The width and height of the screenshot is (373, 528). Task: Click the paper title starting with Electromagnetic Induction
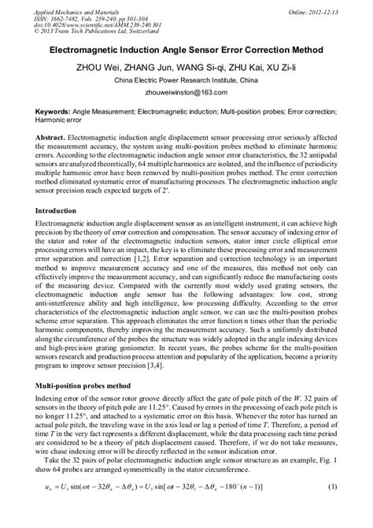[186, 49]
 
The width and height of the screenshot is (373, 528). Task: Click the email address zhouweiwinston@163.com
[186, 93]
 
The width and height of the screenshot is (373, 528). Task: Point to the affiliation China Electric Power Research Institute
[186, 80]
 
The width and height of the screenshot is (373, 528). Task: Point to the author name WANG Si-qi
[191, 66]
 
